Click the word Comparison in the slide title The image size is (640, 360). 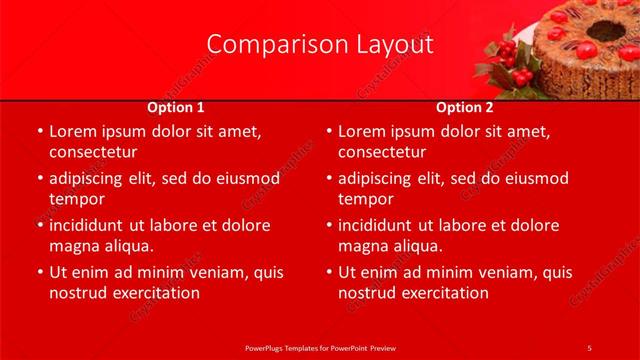269,45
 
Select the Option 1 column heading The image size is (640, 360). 176,107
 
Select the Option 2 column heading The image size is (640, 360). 465,107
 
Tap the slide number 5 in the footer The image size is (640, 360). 590,347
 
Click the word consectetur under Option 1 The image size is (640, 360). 93,153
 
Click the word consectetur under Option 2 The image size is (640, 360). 383,153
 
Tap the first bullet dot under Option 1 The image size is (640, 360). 39,132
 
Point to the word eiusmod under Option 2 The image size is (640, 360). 533,179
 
